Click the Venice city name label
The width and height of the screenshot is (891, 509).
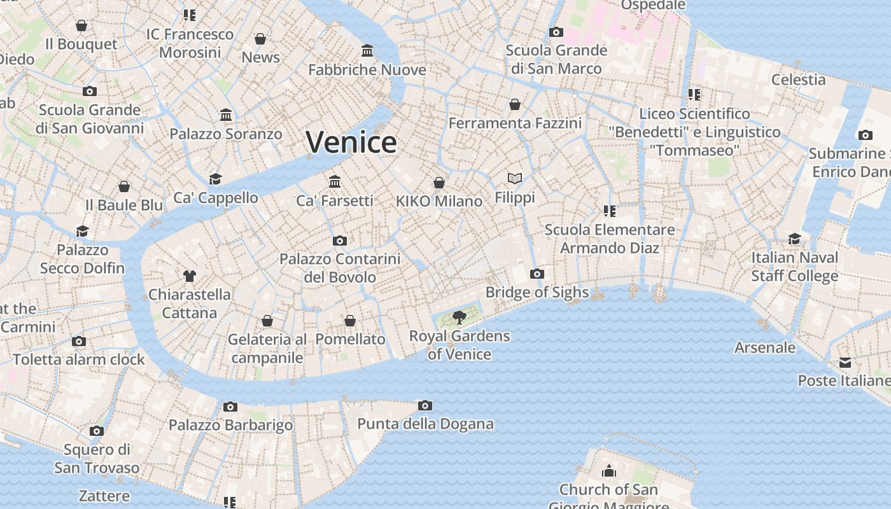351,142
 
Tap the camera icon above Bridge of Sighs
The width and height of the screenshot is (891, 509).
537,274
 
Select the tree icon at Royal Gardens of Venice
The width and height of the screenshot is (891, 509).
459,317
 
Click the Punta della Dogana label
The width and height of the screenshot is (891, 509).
425,424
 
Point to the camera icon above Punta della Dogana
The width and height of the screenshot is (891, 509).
425,405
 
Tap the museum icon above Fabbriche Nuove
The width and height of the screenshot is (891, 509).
367,50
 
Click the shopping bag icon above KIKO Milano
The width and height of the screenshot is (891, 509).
439,183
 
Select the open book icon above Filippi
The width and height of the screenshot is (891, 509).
515,179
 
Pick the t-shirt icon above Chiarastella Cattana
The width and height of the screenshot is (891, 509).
190,276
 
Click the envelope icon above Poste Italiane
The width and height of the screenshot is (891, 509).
845,362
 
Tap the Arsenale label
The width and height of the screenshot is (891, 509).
765,347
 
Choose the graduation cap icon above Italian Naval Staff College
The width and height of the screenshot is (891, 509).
795,239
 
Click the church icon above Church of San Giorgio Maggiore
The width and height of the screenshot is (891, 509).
609,471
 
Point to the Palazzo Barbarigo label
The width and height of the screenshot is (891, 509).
230,425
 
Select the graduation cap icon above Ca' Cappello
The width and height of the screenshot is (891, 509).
216,179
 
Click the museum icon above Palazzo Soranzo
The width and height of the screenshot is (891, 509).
226,115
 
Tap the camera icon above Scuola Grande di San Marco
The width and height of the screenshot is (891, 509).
556,32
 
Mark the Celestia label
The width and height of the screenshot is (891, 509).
798,80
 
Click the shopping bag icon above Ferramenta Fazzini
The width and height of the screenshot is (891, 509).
515,104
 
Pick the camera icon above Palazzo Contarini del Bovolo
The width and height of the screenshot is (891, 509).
340,241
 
